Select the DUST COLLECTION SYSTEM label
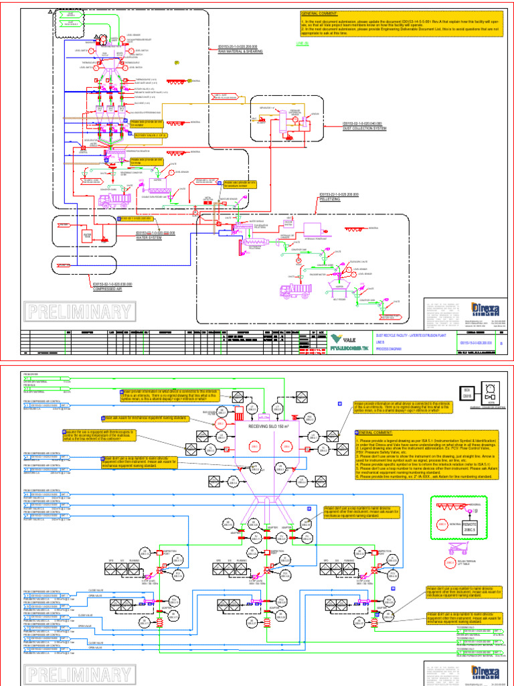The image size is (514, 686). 365,127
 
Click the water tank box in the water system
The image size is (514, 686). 87,235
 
